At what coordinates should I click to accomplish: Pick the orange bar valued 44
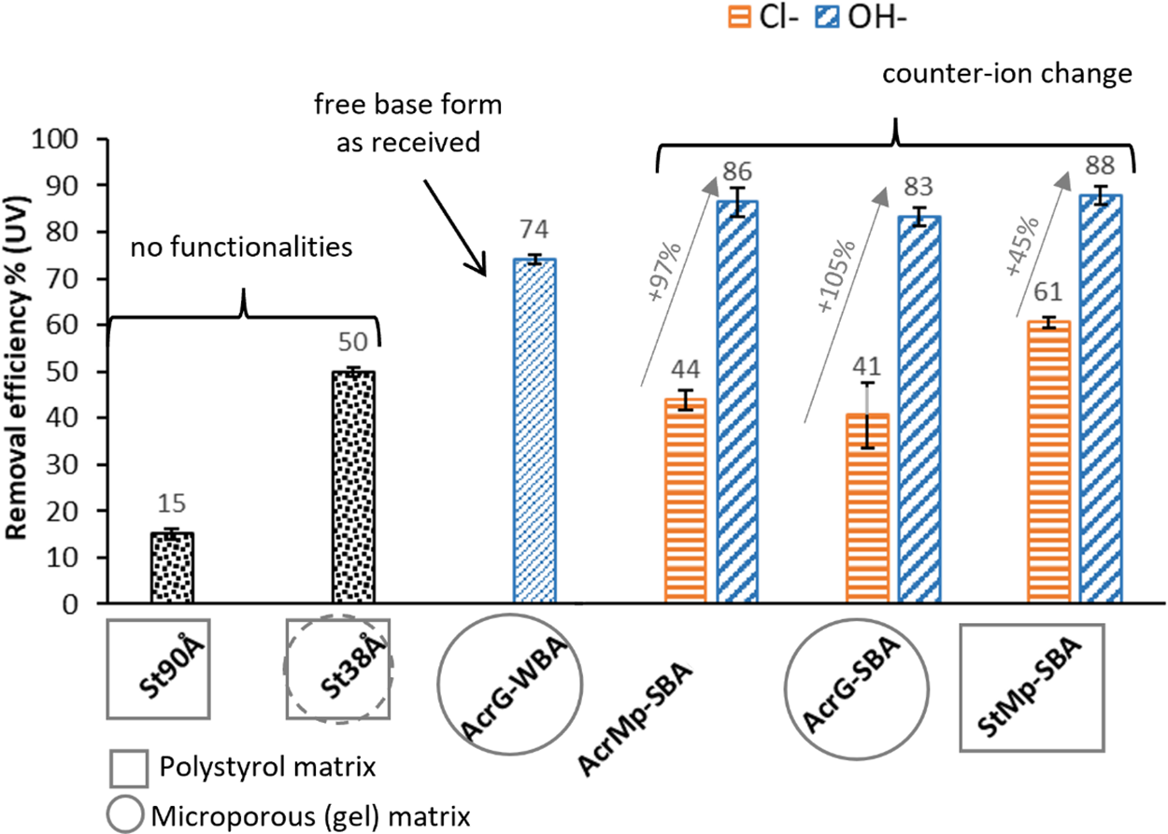point(686,502)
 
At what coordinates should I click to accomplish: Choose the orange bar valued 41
point(866,508)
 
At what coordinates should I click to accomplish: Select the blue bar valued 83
point(919,410)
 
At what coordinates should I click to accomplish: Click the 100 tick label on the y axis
point(67,139)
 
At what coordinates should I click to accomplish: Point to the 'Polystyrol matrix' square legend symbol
point(128,769)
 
